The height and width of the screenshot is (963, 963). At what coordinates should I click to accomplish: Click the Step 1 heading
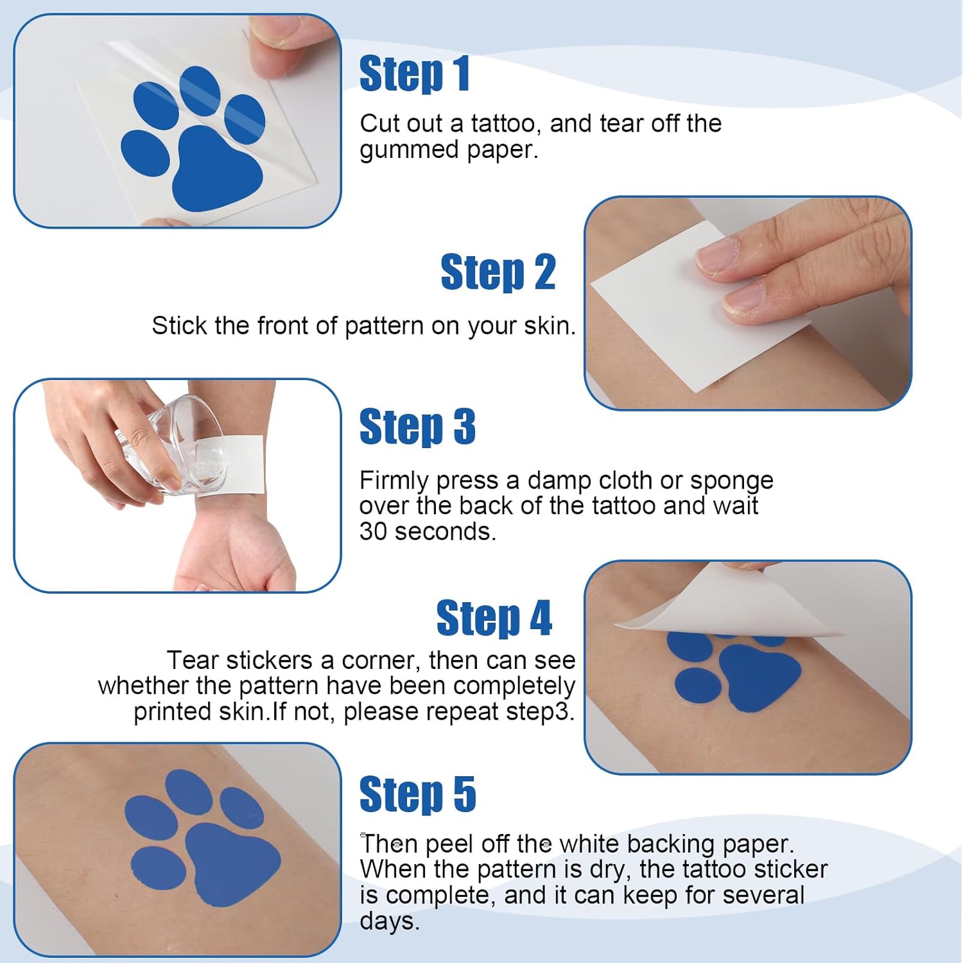[x=414, y=74]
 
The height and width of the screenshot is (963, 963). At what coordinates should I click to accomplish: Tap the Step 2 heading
[x=498, y=272]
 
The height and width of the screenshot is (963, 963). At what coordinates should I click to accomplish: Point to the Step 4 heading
[x=494, y=618]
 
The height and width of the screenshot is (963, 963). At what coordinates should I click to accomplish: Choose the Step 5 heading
[x=417, y=794]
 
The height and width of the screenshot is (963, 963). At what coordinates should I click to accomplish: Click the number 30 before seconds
[x=373, y=532]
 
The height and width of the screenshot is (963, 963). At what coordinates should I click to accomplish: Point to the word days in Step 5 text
[x=389, y=921]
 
